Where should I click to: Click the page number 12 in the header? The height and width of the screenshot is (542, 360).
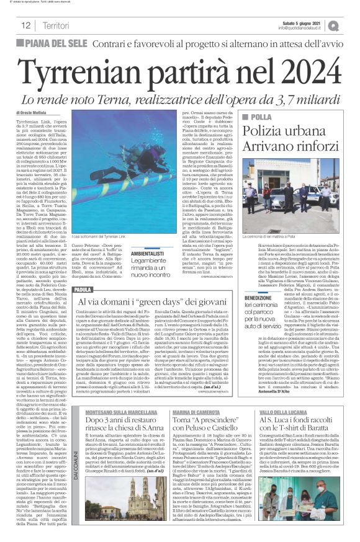pos(26,25)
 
